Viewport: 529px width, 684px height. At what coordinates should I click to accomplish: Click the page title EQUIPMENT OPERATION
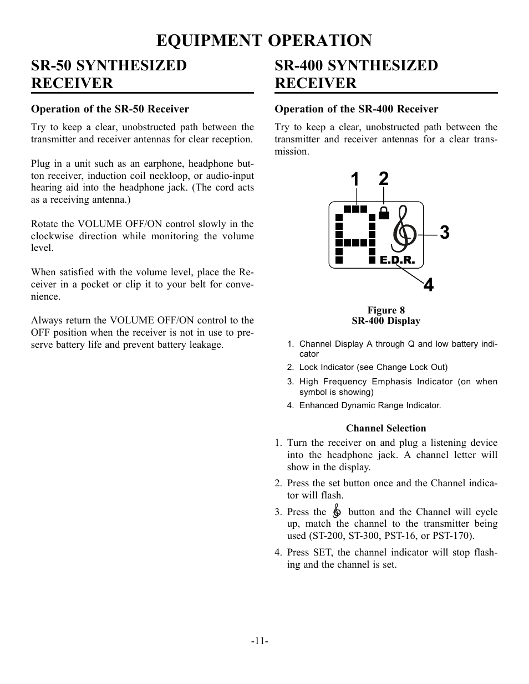tap(264, 40)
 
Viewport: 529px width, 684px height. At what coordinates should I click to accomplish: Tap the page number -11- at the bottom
tap(260, 641)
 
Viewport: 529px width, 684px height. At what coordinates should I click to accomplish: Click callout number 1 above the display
tap(355, 179)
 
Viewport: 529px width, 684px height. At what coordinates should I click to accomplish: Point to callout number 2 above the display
tap(384, 178)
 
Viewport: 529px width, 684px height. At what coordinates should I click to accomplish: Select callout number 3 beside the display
tap(444, 233)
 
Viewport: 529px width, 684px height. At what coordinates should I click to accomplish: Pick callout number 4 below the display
tap(428, 285)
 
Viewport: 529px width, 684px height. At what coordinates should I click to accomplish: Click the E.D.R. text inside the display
tap(397, 260)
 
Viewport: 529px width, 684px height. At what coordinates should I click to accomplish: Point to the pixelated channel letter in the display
tap(355, 235)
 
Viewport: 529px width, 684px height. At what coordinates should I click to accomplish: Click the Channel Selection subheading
tap(386, 428)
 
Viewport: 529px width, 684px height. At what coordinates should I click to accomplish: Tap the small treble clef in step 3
tap(337, 512)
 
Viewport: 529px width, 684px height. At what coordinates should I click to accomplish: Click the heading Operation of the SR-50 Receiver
tap(110, 109)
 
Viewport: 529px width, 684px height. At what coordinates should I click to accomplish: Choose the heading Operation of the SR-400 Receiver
tap(357, 109)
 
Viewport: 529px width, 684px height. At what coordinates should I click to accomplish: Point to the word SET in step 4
tap(322, 553)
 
